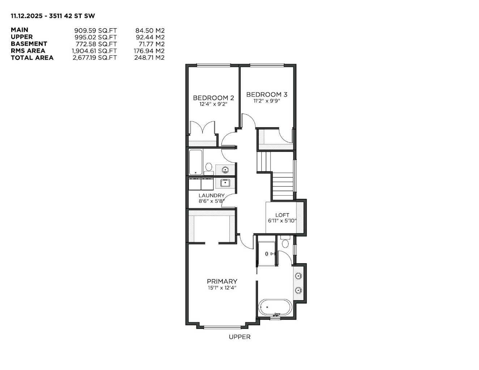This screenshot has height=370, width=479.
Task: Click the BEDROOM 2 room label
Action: (213, 98)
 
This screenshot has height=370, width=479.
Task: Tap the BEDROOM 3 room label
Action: (267, 94)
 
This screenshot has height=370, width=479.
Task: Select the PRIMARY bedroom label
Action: (222, 281)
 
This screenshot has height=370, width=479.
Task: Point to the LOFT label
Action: (282, 215)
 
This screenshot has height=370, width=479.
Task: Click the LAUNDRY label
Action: (211, 196)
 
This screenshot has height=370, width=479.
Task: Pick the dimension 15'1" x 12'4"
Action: (222, 288)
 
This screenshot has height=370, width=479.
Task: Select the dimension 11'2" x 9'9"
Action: (267, 101)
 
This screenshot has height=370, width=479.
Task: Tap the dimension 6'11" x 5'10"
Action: (282, 221)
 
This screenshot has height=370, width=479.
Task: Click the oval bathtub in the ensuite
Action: (275, 307)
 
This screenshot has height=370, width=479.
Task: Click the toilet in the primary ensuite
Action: (285, 242)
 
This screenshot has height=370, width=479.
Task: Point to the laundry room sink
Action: (225, 183)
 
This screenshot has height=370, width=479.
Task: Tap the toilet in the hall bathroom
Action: (209, 167)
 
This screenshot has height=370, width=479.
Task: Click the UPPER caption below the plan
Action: (239, 337)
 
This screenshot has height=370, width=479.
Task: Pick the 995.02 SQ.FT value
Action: (96, 37)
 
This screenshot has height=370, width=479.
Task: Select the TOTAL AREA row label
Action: (32, 58)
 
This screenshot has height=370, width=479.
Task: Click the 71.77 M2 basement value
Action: (149, 44)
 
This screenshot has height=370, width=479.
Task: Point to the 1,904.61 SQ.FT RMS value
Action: (94, 51)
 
